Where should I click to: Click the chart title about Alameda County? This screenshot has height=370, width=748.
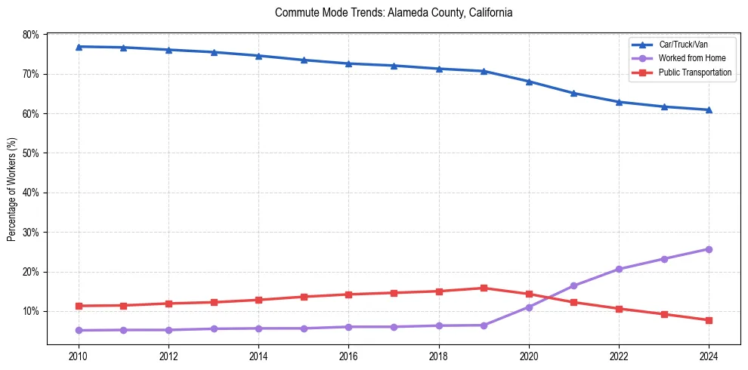point(394,13)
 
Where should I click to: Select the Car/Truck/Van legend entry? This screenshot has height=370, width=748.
point(683,45)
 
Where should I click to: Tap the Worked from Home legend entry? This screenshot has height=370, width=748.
point(688,59)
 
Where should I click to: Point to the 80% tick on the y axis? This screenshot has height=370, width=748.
point(31,35)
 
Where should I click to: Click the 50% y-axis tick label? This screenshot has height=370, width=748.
point(31,153)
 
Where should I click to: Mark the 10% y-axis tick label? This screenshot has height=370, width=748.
point(31,311)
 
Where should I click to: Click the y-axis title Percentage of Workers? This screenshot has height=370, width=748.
point(12,189)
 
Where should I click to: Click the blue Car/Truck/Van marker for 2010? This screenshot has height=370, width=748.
point(79,47)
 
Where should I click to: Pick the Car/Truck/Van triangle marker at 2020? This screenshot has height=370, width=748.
point(529,82)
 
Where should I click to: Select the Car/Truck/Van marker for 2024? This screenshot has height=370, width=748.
point(709,109)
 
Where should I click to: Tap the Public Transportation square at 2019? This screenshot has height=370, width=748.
point(484,288)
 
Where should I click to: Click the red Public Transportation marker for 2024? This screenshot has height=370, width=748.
point(709,320)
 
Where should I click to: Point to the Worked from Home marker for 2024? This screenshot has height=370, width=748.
point(709,249)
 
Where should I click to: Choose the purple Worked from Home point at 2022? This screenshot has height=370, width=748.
point(619,269)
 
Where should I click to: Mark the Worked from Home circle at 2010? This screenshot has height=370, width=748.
point(79,330)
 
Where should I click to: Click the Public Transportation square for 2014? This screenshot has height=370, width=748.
point(258,300)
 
